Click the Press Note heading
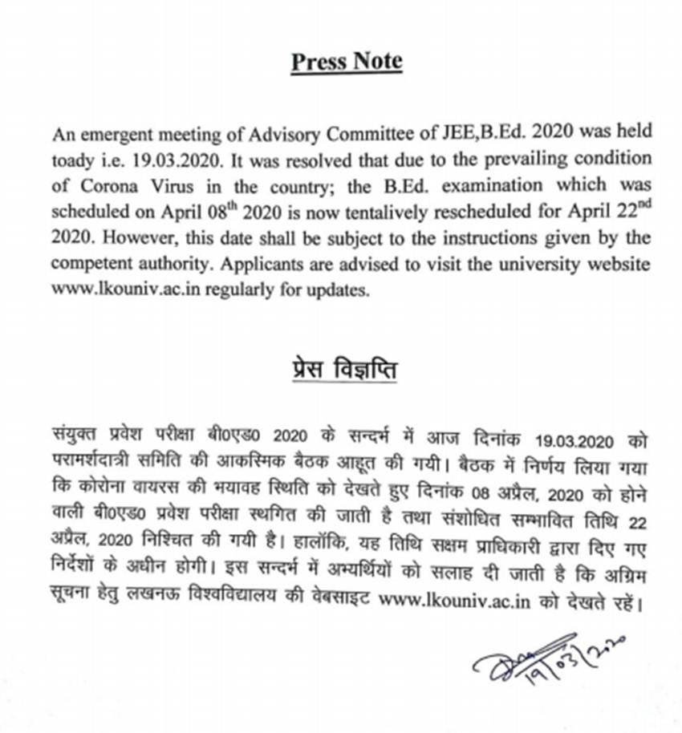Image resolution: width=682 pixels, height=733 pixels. coord(347,62)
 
